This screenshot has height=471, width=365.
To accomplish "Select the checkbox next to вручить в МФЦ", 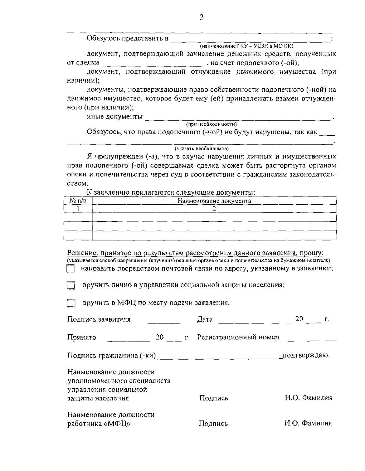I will (x=70, y=303).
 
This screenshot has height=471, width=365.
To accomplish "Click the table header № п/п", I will (x=78, y=201).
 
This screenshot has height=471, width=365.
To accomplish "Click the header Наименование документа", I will (x=214, y=201).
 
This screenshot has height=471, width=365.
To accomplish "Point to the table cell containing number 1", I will (x=78, y=209).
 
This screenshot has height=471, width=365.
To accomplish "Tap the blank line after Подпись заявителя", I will (x=164, y=322).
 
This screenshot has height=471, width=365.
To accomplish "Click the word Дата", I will (x=205, y=319).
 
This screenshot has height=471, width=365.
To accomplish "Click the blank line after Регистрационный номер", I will (x=308, y=340).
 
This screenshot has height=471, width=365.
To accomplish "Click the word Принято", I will (x=82, y=338).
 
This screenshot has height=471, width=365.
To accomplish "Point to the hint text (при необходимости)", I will (x=211, y=124).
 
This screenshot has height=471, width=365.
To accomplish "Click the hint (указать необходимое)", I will (x=201, y=148).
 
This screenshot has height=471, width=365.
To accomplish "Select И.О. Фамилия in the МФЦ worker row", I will (x=308, y=423).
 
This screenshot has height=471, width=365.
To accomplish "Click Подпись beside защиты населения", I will (x=214, y=398).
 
